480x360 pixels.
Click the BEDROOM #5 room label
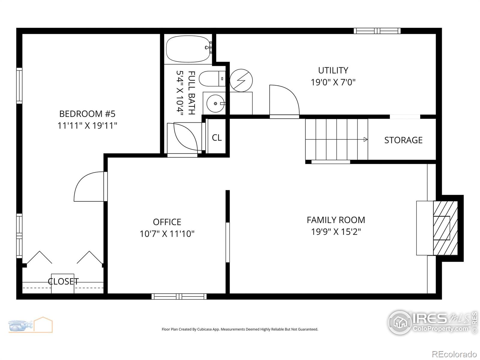pos(87,114)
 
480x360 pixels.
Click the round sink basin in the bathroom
pos(215,103)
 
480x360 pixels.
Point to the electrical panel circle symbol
pos(241,80)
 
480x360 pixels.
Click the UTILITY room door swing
pos(284,100)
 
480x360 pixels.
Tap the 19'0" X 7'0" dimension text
pos(333,82)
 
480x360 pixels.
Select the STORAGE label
pos(403,140)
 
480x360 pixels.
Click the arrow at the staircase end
pos(365,139)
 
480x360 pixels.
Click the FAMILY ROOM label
pos(336,220)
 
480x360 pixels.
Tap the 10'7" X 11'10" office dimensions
pos(167,234)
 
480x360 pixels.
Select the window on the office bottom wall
pos(179,296)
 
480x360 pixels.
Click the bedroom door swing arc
pos(87,186)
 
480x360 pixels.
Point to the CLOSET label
pos(63,281)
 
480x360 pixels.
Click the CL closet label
pos(217,138)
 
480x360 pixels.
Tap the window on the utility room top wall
pos(377,31)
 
